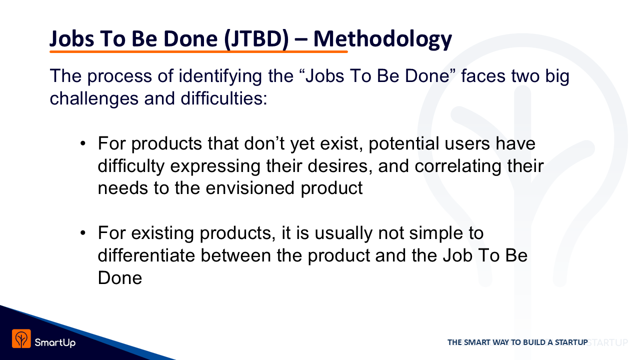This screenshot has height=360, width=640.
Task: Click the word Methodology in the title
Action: point(382,39)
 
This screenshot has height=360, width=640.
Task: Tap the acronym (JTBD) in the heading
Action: point(256,39)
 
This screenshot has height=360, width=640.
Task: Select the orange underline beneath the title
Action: point(198,51)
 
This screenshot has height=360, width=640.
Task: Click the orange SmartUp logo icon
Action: point(21,338)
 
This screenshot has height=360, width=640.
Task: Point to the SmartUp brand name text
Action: point(55,342)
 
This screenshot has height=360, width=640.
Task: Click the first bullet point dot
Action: point(83,143)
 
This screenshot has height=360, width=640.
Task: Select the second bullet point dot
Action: point(83,233)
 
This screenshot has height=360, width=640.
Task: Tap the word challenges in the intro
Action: point(94,99)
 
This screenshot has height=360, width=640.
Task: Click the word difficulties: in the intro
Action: point(223,98)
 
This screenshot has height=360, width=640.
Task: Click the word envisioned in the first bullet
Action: point(250,188)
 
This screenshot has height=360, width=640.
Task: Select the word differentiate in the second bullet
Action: point(146,255)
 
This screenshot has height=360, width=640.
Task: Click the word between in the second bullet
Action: point(235,255)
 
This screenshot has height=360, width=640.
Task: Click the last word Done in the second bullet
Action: point(120,277)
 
